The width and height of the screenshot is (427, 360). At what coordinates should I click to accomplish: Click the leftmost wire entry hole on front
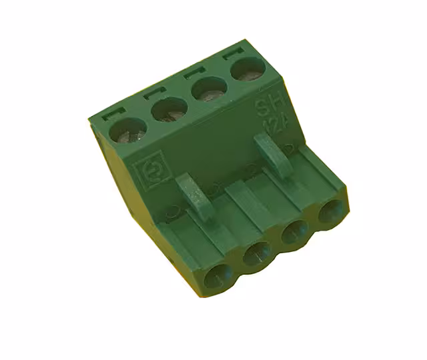click(x=218, y=277)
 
